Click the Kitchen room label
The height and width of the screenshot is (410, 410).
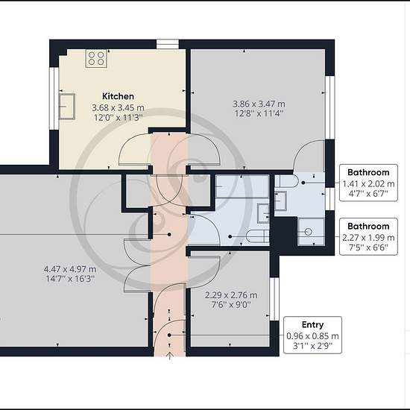(118, 96)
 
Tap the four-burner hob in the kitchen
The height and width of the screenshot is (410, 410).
(96, 58)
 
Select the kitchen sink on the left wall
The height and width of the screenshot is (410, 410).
(67, 107)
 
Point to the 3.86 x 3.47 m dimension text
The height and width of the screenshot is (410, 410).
(259, 104)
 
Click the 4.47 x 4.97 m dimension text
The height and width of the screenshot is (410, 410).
(70, 269)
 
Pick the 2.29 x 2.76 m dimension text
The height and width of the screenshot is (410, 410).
(231, 295)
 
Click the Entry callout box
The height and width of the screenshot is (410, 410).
(312, 335)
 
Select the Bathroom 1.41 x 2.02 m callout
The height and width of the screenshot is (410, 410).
(368, 183)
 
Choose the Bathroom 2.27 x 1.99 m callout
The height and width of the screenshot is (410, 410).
(368, 236)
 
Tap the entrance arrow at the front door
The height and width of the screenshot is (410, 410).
(170, 356)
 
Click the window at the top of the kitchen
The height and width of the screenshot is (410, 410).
(168, 44)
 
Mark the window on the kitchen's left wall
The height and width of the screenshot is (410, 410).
(54, 98)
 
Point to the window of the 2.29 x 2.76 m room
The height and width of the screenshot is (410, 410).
(274, 299)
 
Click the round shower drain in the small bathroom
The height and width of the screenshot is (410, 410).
(309, 232)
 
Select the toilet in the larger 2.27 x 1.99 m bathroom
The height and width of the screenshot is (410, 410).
(258, 236)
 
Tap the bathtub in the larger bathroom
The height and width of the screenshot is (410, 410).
(242, 186)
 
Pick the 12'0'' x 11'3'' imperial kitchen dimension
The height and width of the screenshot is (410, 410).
(119, 117)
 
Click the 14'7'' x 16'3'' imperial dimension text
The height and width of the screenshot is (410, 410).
(70, 279)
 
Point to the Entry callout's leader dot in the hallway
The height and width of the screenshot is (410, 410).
(169, 335)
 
